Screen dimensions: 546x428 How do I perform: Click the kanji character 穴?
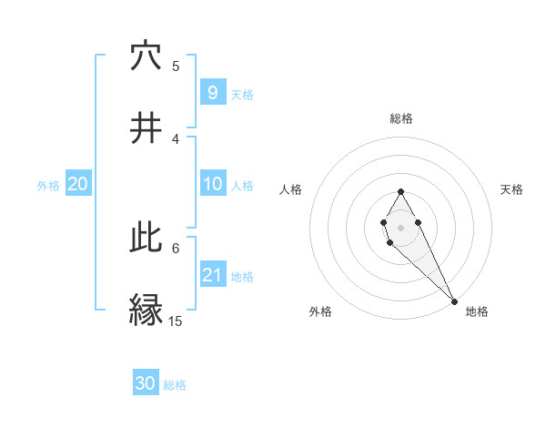tap(146, 56)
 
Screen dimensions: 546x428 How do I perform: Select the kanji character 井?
tap(146, 128)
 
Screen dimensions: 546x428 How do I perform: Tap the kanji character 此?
tap(146, 238)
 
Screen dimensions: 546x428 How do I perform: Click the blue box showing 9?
tap(212, 92)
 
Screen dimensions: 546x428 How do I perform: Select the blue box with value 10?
tap(212, 184)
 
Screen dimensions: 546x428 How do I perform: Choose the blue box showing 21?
tap(212, 275)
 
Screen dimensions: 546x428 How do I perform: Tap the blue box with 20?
tap(78, 184)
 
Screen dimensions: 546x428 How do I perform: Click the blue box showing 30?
tap(146, 383)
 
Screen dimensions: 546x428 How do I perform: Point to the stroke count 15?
tap(176, 321)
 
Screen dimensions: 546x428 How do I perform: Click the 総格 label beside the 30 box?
tap(175, 385)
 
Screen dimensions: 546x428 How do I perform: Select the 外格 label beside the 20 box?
tap(48, 186)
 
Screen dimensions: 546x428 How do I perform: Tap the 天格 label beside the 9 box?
tap(242, 95)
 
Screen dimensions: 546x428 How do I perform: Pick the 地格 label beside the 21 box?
tap(242, 277)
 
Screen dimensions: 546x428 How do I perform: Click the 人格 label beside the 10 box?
tap(242, 186)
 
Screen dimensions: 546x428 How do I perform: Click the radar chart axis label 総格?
tap(400, 118)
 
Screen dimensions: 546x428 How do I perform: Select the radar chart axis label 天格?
tap(511, 189)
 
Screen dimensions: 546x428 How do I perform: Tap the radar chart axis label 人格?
tap(291, 189)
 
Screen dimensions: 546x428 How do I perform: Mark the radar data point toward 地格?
tap(455, 301)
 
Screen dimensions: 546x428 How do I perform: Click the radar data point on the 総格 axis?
tap(400, 191)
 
